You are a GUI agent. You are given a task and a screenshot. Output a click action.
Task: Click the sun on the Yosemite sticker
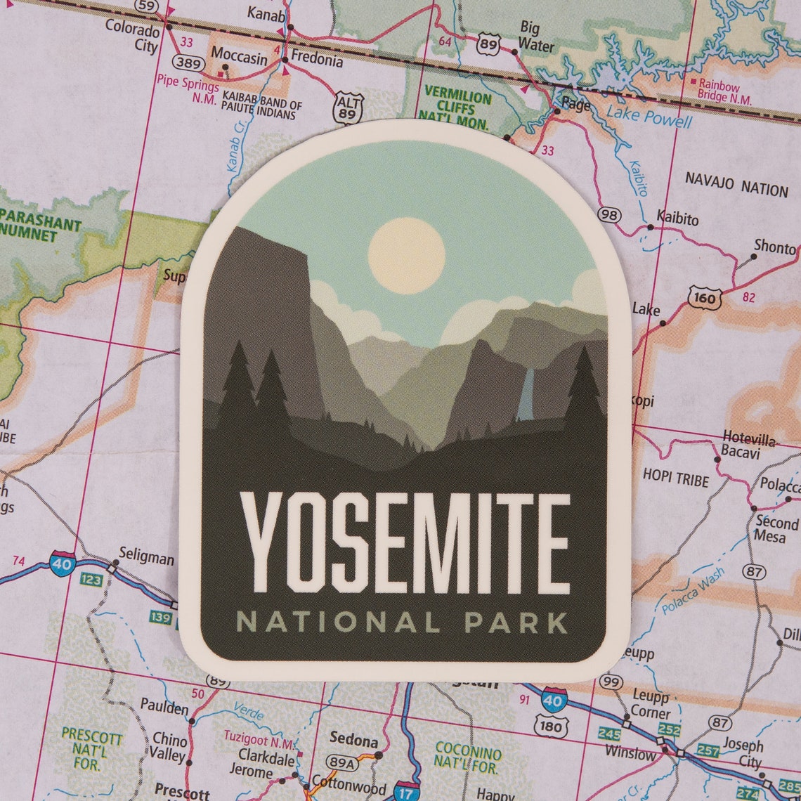pyautogui.click(x=406, y=255)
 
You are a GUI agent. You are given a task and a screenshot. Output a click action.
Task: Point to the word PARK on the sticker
pyautogui.click(x=516, y=623)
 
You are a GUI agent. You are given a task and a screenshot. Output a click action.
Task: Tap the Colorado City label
pyautogui.click(x=132, y=37)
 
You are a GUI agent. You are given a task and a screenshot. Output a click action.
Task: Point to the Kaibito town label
pyautogui.click(x=677, y=219)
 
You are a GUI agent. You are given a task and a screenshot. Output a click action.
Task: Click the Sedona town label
pyautogui.click(x=354, y=741)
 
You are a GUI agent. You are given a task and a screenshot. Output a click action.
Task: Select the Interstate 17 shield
pyautogui.click(x=407, y=791)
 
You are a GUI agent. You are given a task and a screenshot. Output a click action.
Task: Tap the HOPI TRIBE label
pyautogui.click(x=675, y=478)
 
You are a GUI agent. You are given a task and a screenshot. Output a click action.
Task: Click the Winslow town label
pyautogui.click(x=630, y=753)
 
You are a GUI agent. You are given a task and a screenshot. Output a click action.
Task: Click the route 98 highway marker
pyautogui.click(x=610, y=214)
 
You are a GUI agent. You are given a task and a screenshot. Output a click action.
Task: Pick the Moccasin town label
pyautogui.click(x=239, y=56)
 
